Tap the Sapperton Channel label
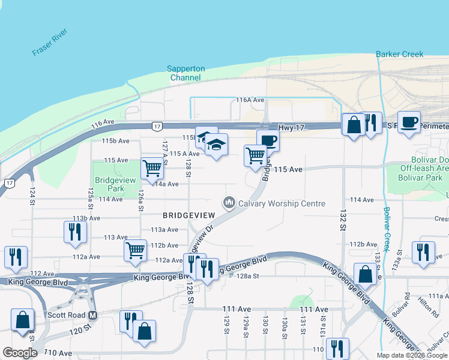point(185,73)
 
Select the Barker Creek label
point(400,54)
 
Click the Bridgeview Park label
point(109,184)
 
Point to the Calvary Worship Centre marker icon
point(228,203)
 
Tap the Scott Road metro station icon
point(92,315)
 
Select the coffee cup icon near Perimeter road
point(409,122)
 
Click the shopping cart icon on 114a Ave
point(152,167)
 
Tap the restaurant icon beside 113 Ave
point(74,231)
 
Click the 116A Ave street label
point(250,100)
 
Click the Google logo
point(20,353)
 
